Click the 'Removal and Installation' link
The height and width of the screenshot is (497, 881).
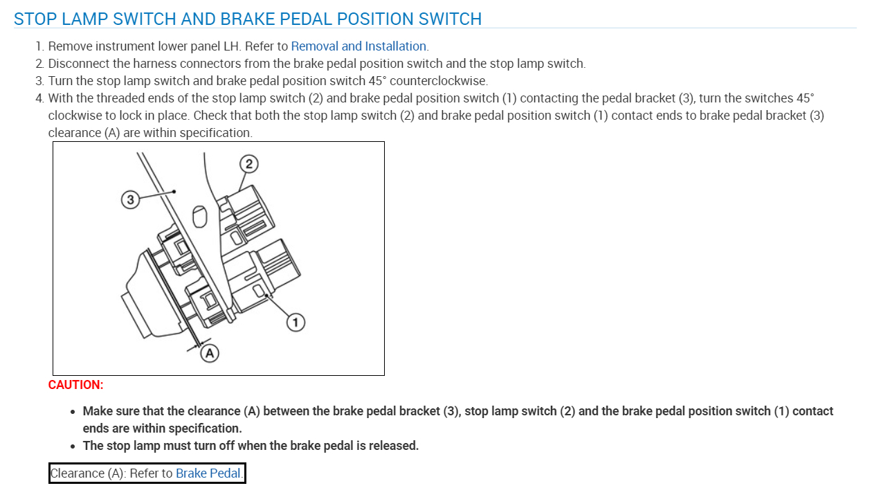tap(358, 46)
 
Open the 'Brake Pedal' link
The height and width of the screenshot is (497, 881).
tap(208, 473)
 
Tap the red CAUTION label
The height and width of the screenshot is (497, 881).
tap(75, 385)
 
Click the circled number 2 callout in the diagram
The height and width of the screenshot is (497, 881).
tap(248, 164)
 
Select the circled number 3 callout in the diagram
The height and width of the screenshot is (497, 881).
tap(129, 200)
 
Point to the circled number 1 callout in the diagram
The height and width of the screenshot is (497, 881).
tap(296, 322)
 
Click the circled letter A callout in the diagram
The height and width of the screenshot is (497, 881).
tap(209, 353)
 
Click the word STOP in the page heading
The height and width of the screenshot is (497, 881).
tap(35, 19)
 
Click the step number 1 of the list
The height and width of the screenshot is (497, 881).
tap(39, 46)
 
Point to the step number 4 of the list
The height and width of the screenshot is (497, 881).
tap(39, 98)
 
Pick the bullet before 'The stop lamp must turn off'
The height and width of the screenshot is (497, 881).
tap(73, 446)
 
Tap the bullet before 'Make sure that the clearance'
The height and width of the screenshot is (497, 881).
tap(73, 412)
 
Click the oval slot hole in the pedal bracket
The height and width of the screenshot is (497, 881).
tap(200, 217)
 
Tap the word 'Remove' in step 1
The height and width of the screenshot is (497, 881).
tap(69, 46)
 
